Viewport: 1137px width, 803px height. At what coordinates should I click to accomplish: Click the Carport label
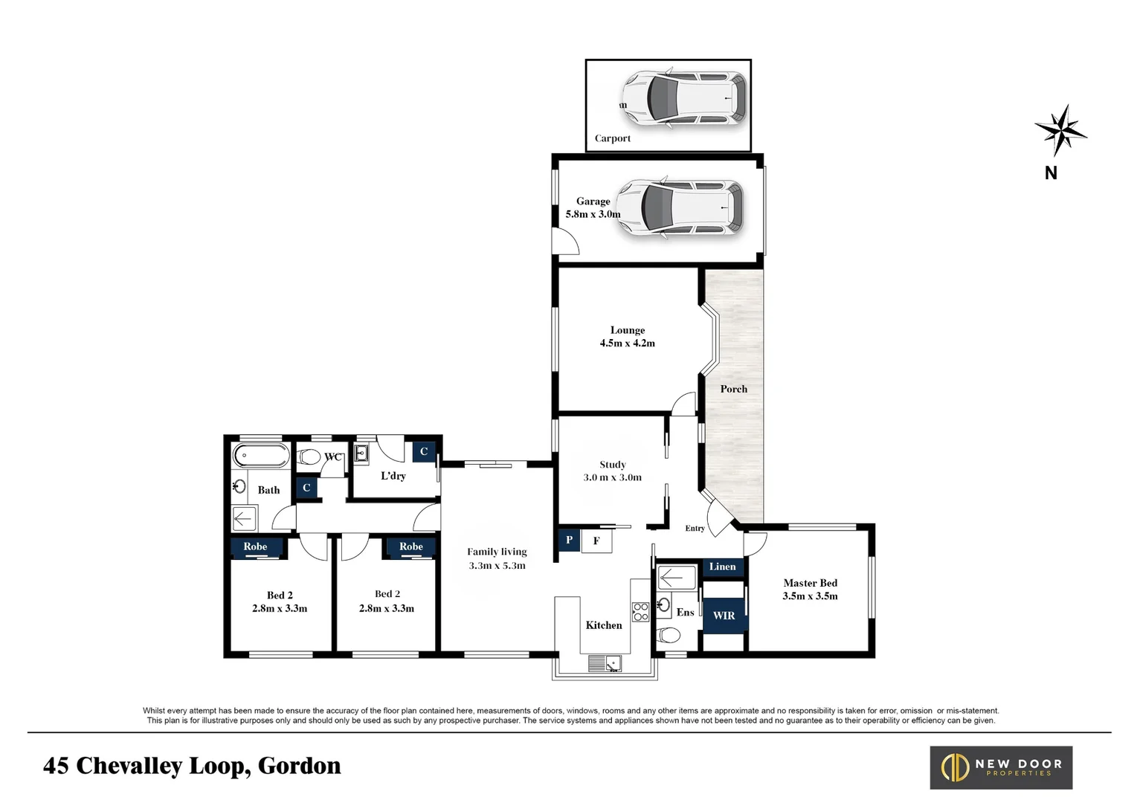(x=612, y=138)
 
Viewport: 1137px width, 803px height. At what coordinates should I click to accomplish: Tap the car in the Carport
(x=683, y=97)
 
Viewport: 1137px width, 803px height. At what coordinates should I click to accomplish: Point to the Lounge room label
(x=627, y=336)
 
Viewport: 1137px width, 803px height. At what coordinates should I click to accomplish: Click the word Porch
(x=733, y=389)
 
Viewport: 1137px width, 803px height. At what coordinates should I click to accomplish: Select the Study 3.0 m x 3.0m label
(x=612, y=471)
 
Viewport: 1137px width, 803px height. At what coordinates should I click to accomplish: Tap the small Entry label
(x=695, y=528)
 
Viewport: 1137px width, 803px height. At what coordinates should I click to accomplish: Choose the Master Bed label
(x=810, y=589)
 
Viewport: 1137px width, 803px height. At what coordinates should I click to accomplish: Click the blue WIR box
(x=724, y=616)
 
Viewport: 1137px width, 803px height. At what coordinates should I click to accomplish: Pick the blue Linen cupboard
(x=722, y=567)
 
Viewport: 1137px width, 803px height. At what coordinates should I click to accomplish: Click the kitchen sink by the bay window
(x=604, y=662)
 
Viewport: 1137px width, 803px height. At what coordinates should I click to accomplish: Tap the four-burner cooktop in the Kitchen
(x=640, y=612)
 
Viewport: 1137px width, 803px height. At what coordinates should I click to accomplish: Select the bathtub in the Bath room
(x=261, y=455)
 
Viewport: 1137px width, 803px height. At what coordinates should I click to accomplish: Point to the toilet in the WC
(x=309, y=457)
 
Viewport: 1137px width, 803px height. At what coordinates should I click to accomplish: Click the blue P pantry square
(x=569, y=540)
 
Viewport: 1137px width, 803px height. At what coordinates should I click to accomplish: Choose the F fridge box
(x=596, y=541)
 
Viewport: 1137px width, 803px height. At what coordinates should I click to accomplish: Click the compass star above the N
(x=1060, y=132)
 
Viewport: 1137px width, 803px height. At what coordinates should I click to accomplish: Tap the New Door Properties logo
(x=1001, y=767)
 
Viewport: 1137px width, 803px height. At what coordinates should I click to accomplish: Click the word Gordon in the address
(x=299, y=766)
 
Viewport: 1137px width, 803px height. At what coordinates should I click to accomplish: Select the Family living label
(x=497, y=558)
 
